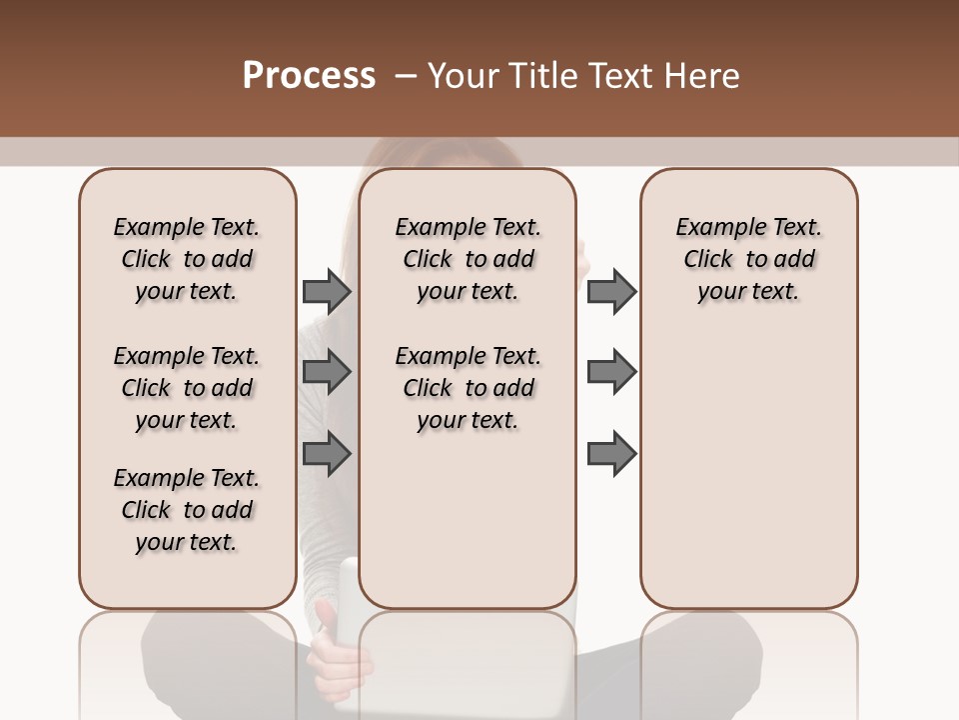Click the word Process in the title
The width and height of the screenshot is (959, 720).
[x=309, y=76]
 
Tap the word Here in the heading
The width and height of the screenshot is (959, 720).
[x=701, y=76]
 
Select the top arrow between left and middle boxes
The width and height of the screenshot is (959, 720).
[x=327, y=291]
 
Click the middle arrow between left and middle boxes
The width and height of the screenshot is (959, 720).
[x=327, y=372]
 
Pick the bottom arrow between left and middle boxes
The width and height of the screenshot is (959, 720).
[x=327, y=453]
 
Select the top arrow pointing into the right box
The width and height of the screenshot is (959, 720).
[x=611, y=291]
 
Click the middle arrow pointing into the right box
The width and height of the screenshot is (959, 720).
[x=611, y=372]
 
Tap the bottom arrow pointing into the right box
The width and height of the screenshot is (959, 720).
[x=611, y=453]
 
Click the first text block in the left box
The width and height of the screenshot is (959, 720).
[x=187, y=259]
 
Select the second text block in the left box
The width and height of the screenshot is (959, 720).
[x=187, y=388]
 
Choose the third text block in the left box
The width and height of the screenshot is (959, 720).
[x=187, y=510]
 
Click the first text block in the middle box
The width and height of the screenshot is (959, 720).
[x=469, y=259]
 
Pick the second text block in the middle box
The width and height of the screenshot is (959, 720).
[x=469, y=388]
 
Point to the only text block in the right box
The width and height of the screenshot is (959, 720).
[x=749, y=259]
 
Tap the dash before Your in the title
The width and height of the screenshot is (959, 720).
[x=406, y=76]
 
